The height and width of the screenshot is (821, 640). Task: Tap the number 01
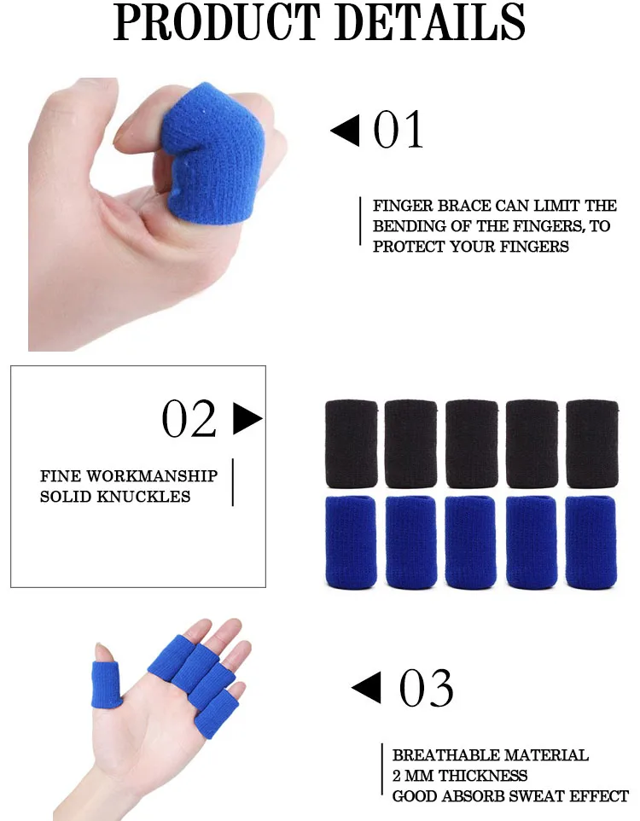pyautogui.click(x=399, y=131)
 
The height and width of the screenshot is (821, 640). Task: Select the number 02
pyautogui.click(x=189, y=419)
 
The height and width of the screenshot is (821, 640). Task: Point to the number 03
pyautogui.click(x=426, y=689)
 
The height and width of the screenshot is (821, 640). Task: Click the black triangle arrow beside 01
pyautogui.click(x=345, y=131)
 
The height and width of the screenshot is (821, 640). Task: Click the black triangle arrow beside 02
pyautogui.click(x=247, y=418)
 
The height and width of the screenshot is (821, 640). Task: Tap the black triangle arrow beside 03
pyautogui.click(x=366, y=688)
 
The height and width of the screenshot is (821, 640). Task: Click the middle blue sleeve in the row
pyautogui.click(x=472, y=541)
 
